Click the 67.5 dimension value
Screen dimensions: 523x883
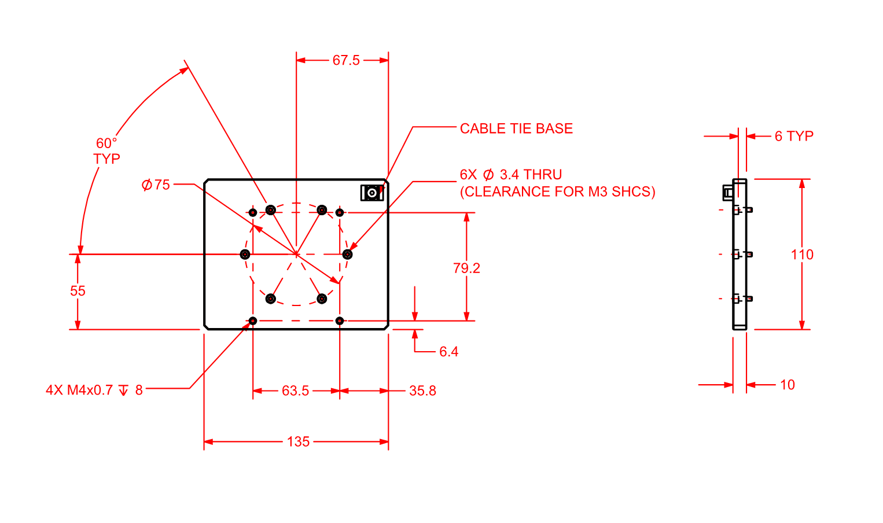[x=346, y=60]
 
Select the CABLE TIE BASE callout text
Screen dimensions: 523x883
[x=516, y=128]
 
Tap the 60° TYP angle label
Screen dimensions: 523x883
[x=107, y=151]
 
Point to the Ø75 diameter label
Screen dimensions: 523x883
[x=156, y=185]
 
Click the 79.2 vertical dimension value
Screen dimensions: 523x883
[x=466, y=268]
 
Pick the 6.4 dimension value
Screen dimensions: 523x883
[x=448, y=352]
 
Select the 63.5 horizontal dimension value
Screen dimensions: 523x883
[x=296, y=391]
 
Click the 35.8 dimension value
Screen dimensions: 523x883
[x=422, y=391]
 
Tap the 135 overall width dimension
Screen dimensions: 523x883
[x=299, y=442]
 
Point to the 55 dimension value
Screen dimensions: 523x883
[x=78, y=291]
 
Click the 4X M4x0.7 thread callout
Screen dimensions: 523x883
[x=94, y=390]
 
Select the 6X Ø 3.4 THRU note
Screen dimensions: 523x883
[x=511, y=175]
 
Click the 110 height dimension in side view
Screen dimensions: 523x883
[x=802, y=255]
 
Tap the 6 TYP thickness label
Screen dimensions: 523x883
[x=794, y=136]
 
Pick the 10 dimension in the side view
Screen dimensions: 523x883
[x=787, y=385]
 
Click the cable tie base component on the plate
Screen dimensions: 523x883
[x=371, y=193]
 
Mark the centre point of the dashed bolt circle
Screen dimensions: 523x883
[x=296, y=254]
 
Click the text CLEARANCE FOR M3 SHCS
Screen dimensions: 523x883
[x=558, y=191]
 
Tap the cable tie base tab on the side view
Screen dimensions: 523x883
[x=727, y=193]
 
